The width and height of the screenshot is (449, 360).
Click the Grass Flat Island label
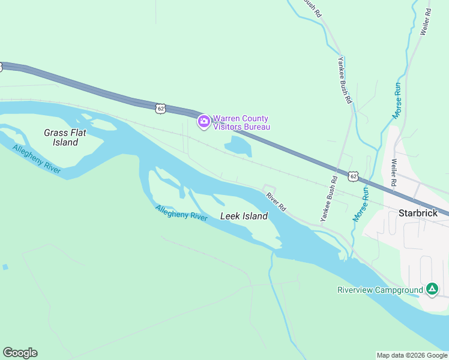[x=61, y=137]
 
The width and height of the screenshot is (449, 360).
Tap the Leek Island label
[x=244, y=216]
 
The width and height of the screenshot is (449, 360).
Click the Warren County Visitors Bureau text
[x=241, y=122]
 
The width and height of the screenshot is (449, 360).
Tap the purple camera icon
[x=204, y=122]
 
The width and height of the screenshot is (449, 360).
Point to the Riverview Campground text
[x=379, y=290]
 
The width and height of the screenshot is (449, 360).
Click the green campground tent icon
[x=432, y=290]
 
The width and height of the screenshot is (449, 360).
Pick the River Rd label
[x=276, y=201]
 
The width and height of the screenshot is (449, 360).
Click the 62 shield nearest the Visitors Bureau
[x=159, y=108]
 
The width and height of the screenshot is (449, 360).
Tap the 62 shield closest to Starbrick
[x=353, y=176]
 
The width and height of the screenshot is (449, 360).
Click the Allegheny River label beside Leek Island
[x=181, y=213]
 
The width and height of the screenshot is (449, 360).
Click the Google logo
[x=20, y=353]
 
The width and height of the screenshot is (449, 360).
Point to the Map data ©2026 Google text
[x=412, y=355]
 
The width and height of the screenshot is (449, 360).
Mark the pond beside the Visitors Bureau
[x=238, y=146]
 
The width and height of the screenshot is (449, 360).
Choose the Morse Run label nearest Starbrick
[x=361, y=205]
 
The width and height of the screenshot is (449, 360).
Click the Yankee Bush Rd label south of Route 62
[x=329, y=199]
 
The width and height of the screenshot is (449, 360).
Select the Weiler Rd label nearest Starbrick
[x=394, y=172]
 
